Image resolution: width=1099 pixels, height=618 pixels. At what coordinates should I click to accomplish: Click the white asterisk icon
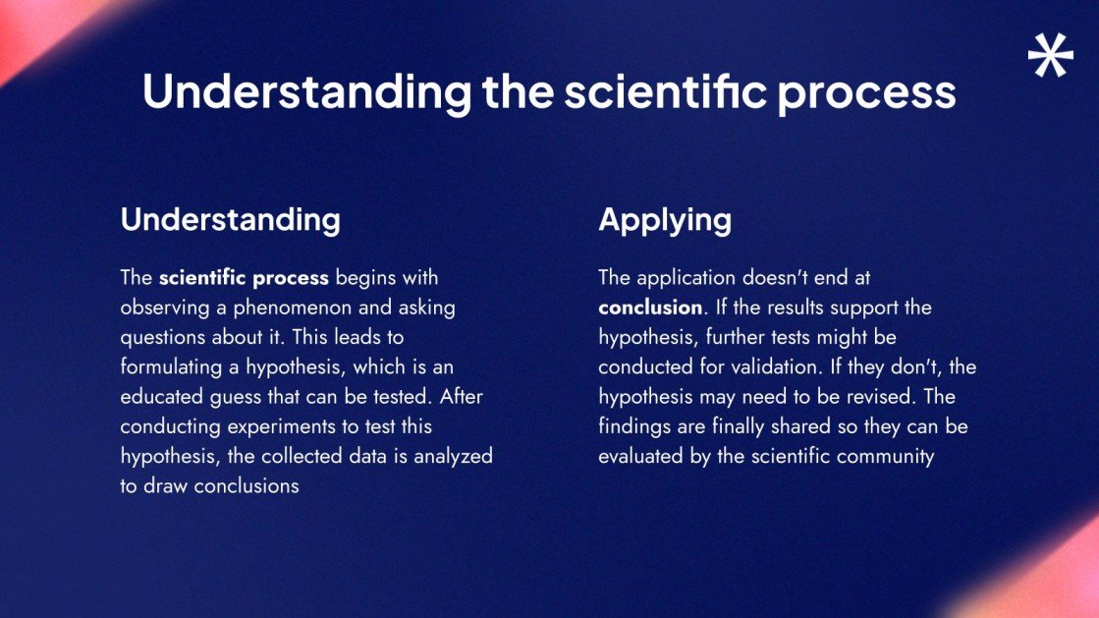(x=1051, y=55)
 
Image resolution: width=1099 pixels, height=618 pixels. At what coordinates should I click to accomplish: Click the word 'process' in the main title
(x=866, y=93)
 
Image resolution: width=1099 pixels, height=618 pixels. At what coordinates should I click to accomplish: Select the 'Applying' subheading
(x=665, y=220)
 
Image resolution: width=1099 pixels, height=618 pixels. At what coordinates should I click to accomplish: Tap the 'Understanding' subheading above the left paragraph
(x=231, y=220)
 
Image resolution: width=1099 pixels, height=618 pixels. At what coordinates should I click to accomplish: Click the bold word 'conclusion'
(x=650, y=308)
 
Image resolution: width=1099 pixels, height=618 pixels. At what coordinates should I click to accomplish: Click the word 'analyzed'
(x=454, y=457)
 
